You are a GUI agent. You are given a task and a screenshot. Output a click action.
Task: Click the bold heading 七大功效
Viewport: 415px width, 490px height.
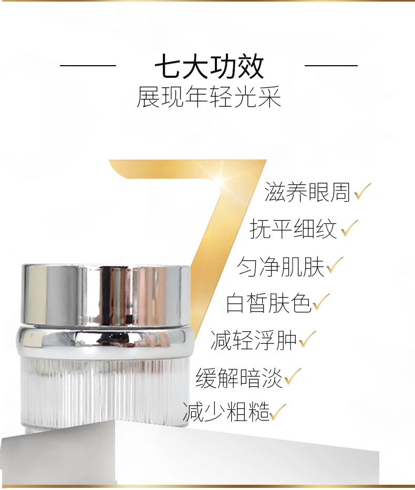point(209,67)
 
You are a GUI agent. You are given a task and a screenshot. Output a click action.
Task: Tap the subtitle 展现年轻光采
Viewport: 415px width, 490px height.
point(209,97)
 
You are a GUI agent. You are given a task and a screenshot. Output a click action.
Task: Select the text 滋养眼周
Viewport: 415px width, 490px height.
point(307,192)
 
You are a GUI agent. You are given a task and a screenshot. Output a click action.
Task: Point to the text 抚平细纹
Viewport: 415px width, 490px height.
point(293,229)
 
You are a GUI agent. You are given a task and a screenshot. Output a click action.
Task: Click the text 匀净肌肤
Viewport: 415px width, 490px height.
point(281,267)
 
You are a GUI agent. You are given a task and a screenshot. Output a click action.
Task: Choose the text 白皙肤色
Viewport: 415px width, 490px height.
point(268,303)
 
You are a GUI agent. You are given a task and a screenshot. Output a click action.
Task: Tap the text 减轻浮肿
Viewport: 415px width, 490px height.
point(253,340)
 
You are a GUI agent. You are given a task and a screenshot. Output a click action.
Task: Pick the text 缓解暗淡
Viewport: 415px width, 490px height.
point(239,377)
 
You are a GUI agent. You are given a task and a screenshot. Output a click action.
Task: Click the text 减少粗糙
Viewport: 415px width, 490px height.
point(226,412)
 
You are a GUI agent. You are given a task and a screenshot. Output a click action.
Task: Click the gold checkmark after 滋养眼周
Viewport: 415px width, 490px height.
point(362,191)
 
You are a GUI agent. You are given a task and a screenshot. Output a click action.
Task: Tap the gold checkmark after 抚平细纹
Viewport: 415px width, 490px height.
point(349,228)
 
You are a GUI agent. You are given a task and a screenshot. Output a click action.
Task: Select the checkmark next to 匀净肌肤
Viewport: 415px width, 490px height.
point(335,266)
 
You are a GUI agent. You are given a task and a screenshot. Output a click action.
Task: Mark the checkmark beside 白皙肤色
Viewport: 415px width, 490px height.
point(321,302)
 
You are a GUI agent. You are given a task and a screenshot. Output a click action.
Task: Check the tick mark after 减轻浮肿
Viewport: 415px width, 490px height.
point(307,340)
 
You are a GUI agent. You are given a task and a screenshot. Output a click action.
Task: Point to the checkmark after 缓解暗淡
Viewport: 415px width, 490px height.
point(293,376)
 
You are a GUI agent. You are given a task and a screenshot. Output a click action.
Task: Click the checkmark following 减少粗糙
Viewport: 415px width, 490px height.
point(277,412)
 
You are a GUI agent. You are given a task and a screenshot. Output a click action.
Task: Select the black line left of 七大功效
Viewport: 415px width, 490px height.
point(88,66)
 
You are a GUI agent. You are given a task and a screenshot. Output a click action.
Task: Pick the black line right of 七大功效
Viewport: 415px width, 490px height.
point(331,66)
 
